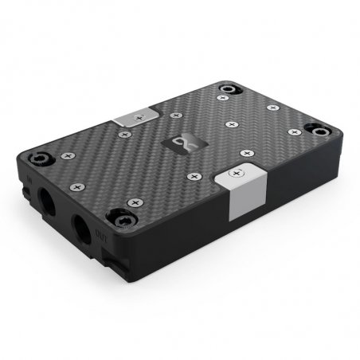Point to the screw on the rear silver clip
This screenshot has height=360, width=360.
pos(140,117)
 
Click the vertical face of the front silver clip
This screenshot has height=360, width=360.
pos(241,200)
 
